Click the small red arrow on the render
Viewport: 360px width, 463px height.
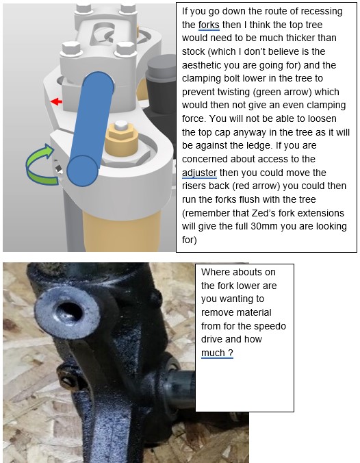(56, 102)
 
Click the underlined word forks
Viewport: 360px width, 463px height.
(209, 25)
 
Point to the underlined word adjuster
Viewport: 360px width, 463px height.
(199, 173)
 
